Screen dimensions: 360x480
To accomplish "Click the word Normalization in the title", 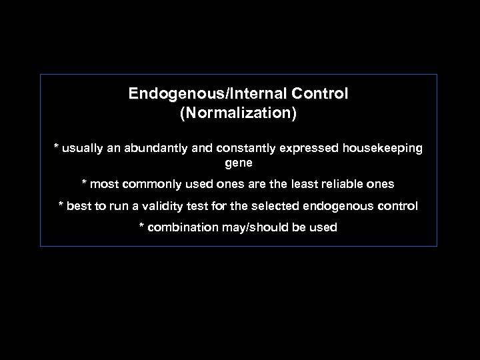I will tap(238, 113).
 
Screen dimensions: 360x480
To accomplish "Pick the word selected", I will tap(280, 206).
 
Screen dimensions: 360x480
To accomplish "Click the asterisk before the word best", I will tap(61, 205).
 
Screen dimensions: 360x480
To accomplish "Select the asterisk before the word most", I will tap(84, 183).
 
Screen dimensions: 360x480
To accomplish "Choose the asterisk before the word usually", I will tap(57, 147).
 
